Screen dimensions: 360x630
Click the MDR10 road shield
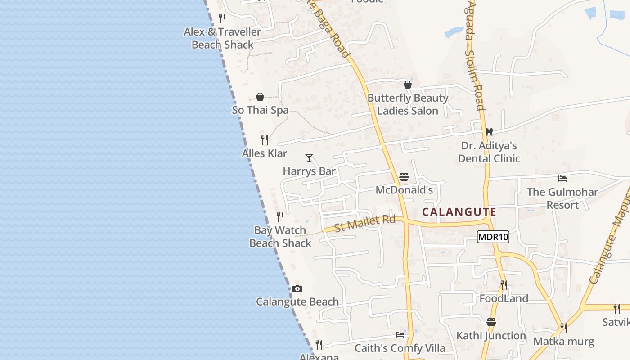tap(493, 237)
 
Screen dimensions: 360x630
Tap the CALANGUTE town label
tap(459, 212)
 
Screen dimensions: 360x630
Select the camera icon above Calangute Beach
tap(297, 289)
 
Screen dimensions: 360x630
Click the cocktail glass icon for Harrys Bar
tap(309, 158)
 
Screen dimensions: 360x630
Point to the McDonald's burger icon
tap(404, 177)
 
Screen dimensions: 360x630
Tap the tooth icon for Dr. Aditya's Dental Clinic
tap(489, 133)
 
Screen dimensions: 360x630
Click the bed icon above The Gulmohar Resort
tap(562, 179)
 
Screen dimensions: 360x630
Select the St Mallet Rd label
tap(364, 223)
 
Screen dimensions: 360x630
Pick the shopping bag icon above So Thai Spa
tap(260, 97)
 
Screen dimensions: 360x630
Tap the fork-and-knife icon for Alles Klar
tap(265, 140)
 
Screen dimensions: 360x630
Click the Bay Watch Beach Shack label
tap(280, 237)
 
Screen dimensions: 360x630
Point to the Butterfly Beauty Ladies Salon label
tap(408, 104)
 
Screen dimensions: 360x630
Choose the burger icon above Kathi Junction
tap(491, 322)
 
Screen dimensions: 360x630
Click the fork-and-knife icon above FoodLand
tap(504, 285)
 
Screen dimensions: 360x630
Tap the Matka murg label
tap(563, 342)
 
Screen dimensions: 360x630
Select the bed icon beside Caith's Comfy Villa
tap(400, 334)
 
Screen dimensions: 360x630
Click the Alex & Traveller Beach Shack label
tap(223, 38)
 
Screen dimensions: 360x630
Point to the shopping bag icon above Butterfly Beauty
tap(408, 85)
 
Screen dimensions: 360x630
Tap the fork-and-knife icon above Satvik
tap(616, 309)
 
